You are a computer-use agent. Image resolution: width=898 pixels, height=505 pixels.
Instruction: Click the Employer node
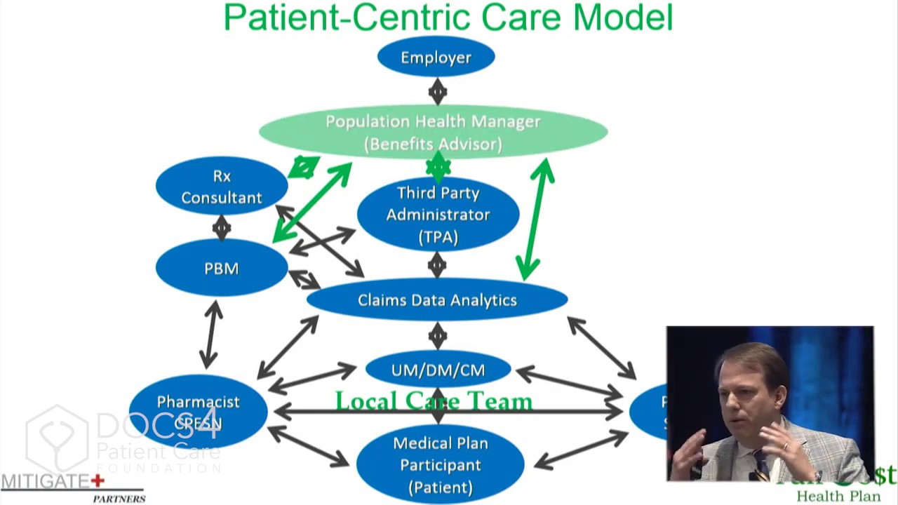[436, 57]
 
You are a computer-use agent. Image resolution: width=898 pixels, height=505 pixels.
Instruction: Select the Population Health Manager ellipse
[433, 131]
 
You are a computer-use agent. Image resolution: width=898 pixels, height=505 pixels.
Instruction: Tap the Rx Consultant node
[222, 187]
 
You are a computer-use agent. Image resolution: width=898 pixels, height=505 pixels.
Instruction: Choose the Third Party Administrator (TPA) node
[438, 214]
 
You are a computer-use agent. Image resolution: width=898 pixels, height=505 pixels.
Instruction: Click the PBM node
[222, 268]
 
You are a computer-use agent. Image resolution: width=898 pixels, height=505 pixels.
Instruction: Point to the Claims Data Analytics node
[437, 300]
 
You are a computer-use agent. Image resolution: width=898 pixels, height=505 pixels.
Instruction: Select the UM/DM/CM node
[438, 370]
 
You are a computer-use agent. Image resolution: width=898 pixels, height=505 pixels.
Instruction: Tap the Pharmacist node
[198, 411]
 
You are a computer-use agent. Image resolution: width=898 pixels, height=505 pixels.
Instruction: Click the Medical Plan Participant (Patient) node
[440, 464]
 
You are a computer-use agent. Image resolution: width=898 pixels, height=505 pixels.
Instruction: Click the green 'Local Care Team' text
[434, 401]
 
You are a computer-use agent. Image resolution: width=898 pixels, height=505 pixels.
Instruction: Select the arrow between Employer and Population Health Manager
[437, 91]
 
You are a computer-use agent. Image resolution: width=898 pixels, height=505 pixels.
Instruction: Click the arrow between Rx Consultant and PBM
[222, 227]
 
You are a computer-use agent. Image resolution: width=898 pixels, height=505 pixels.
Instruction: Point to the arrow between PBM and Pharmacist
[210, 335]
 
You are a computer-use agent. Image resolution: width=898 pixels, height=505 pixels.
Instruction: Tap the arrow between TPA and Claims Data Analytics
[437, 264]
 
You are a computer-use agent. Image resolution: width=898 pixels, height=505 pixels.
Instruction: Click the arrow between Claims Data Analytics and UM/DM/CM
[437, 335]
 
